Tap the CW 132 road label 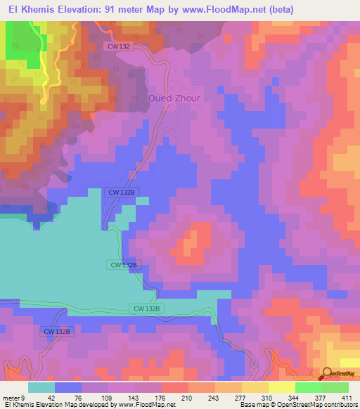coord(120,46)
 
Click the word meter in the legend coord(12,398)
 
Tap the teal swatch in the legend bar coord(41,387)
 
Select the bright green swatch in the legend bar coord(309,387)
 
